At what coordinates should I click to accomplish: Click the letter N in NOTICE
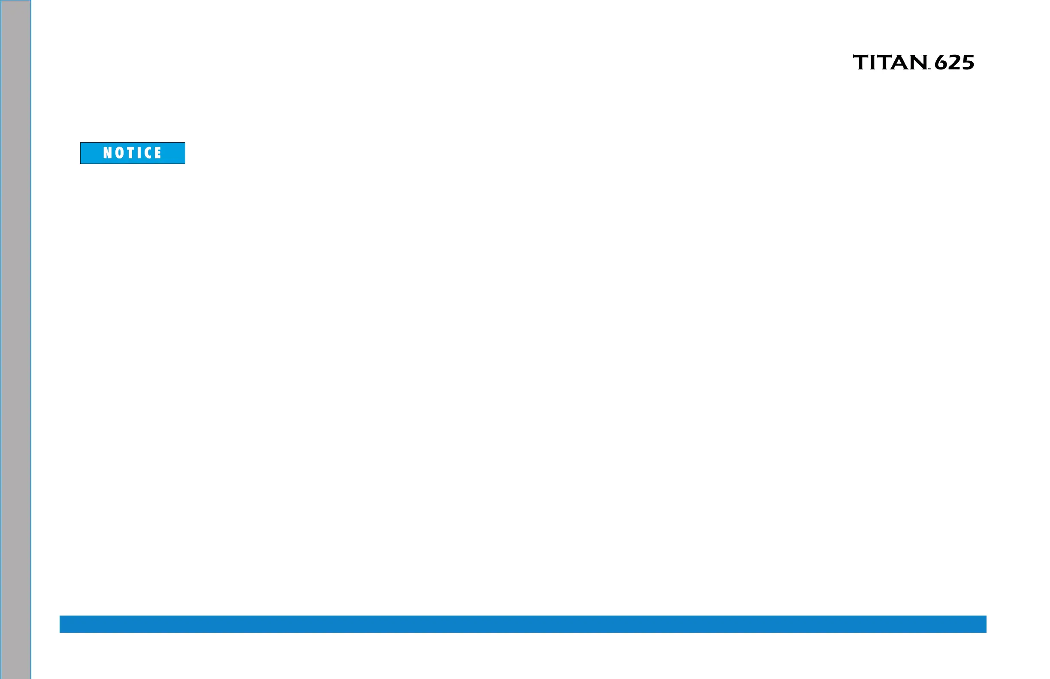click(107, 153)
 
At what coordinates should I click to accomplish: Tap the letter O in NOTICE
click(120, 153)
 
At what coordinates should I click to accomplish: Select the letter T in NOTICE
click(132, 153)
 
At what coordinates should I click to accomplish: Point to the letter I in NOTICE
click(141, 153)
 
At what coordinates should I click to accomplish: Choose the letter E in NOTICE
click(158, 153)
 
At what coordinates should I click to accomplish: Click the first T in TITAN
click(860, 62)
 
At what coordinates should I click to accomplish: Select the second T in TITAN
click(884, 62)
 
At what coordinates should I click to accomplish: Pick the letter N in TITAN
click(917, 62)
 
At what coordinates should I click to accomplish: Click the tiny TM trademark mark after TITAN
click(929, 69)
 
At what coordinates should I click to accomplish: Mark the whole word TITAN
click(890, 62)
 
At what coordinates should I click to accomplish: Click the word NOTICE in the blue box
click(133, 153)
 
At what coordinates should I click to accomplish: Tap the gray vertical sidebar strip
click(15, 339)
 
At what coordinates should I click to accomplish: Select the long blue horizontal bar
click(523, 624)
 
